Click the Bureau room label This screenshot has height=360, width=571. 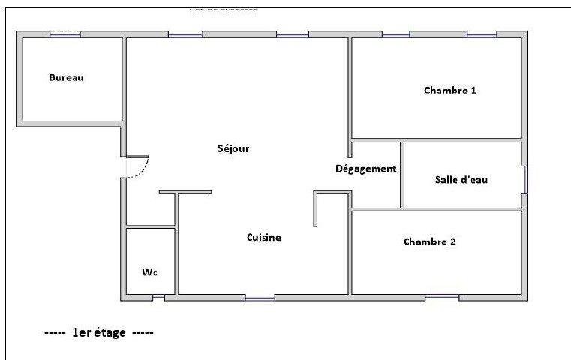(66, 78)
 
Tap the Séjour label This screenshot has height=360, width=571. (234, 148)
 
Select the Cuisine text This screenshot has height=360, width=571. (264, 238)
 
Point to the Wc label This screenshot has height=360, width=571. (149, 271)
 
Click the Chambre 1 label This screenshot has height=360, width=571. (450, 91)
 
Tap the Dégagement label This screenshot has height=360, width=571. (365, 169)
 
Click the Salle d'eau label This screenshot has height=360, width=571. (461, 180)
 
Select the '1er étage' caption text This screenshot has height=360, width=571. (99, 332)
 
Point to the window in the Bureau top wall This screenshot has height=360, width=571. (65, 34)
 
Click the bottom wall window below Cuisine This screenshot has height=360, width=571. (260, 298)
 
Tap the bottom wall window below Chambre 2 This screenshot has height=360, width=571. (443, 297)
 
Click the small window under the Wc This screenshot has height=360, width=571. (159, 298)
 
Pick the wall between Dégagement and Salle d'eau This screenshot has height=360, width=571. (401, 175)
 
